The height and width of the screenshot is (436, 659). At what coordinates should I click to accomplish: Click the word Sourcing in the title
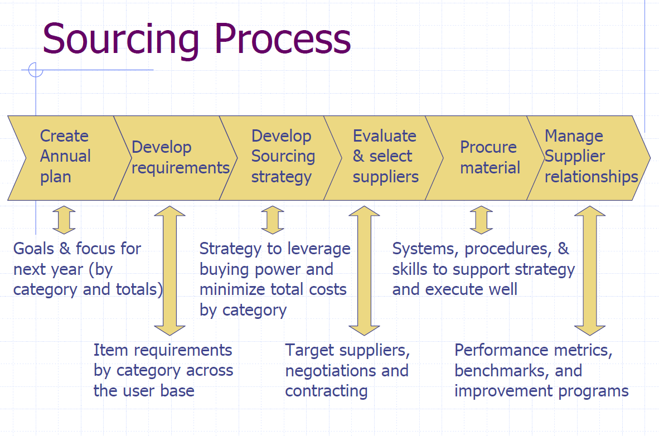(120, 39)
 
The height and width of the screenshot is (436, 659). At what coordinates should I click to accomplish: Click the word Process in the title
(283, 39)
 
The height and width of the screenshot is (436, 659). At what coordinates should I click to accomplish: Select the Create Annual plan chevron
(64, 157)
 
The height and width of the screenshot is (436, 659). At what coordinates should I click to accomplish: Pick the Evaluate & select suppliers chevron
(385, 157)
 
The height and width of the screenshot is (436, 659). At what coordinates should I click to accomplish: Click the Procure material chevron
(488, 157)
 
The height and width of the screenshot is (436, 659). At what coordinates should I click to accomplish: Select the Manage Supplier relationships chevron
(590, 157)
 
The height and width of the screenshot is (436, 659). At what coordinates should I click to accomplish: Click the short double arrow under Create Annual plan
(64, 220)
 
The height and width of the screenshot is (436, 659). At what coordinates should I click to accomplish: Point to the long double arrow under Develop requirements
(169, 270)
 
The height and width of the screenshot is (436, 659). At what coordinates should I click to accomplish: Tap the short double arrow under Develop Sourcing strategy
(273, 220)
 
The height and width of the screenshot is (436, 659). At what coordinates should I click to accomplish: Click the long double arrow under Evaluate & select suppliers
(364, 270)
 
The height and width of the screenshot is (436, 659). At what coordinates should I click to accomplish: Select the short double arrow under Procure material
(481, 220)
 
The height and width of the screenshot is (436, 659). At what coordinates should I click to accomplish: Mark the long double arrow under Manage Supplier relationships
(590, 270)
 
